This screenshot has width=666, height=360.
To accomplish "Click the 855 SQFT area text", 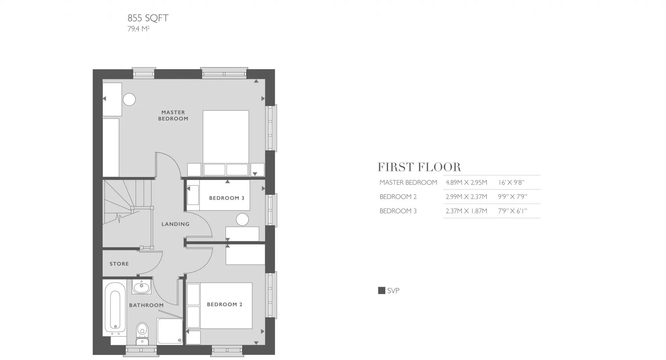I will [148, 18].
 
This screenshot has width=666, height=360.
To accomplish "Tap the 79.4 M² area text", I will [138, 29].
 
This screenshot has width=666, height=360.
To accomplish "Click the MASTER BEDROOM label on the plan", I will [173, 116].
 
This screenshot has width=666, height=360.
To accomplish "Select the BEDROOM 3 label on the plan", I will [227, 198].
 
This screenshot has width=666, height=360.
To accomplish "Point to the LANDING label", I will [175, 224].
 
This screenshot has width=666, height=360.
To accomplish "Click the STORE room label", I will [119, 264].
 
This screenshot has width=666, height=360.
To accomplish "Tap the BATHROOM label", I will [146, 305].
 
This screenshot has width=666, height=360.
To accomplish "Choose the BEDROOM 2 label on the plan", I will [225, 305].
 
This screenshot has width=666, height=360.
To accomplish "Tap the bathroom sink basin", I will [141, 287].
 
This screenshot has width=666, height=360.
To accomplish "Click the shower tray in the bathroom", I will [170, 331].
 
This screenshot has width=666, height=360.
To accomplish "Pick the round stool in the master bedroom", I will [129, 99].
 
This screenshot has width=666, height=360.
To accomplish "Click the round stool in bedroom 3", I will [242, 220].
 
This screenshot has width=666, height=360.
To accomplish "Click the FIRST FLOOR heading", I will [419, 167].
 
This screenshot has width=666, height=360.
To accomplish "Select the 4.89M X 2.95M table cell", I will [466, 183].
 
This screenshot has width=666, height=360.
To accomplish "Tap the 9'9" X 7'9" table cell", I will [513, 197].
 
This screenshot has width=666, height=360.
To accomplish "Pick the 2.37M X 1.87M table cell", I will [466, 211].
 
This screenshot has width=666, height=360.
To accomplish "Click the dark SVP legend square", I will [382, 290].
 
